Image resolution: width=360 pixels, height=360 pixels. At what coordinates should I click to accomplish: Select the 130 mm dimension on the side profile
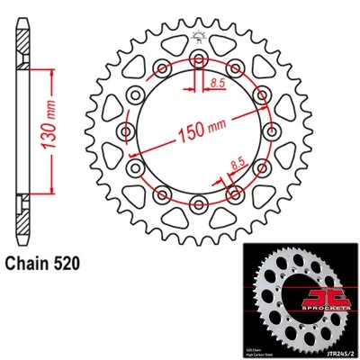58,129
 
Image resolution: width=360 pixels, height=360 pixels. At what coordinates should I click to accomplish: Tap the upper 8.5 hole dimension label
217,83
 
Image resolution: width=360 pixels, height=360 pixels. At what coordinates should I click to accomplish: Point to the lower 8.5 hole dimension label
236,166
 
